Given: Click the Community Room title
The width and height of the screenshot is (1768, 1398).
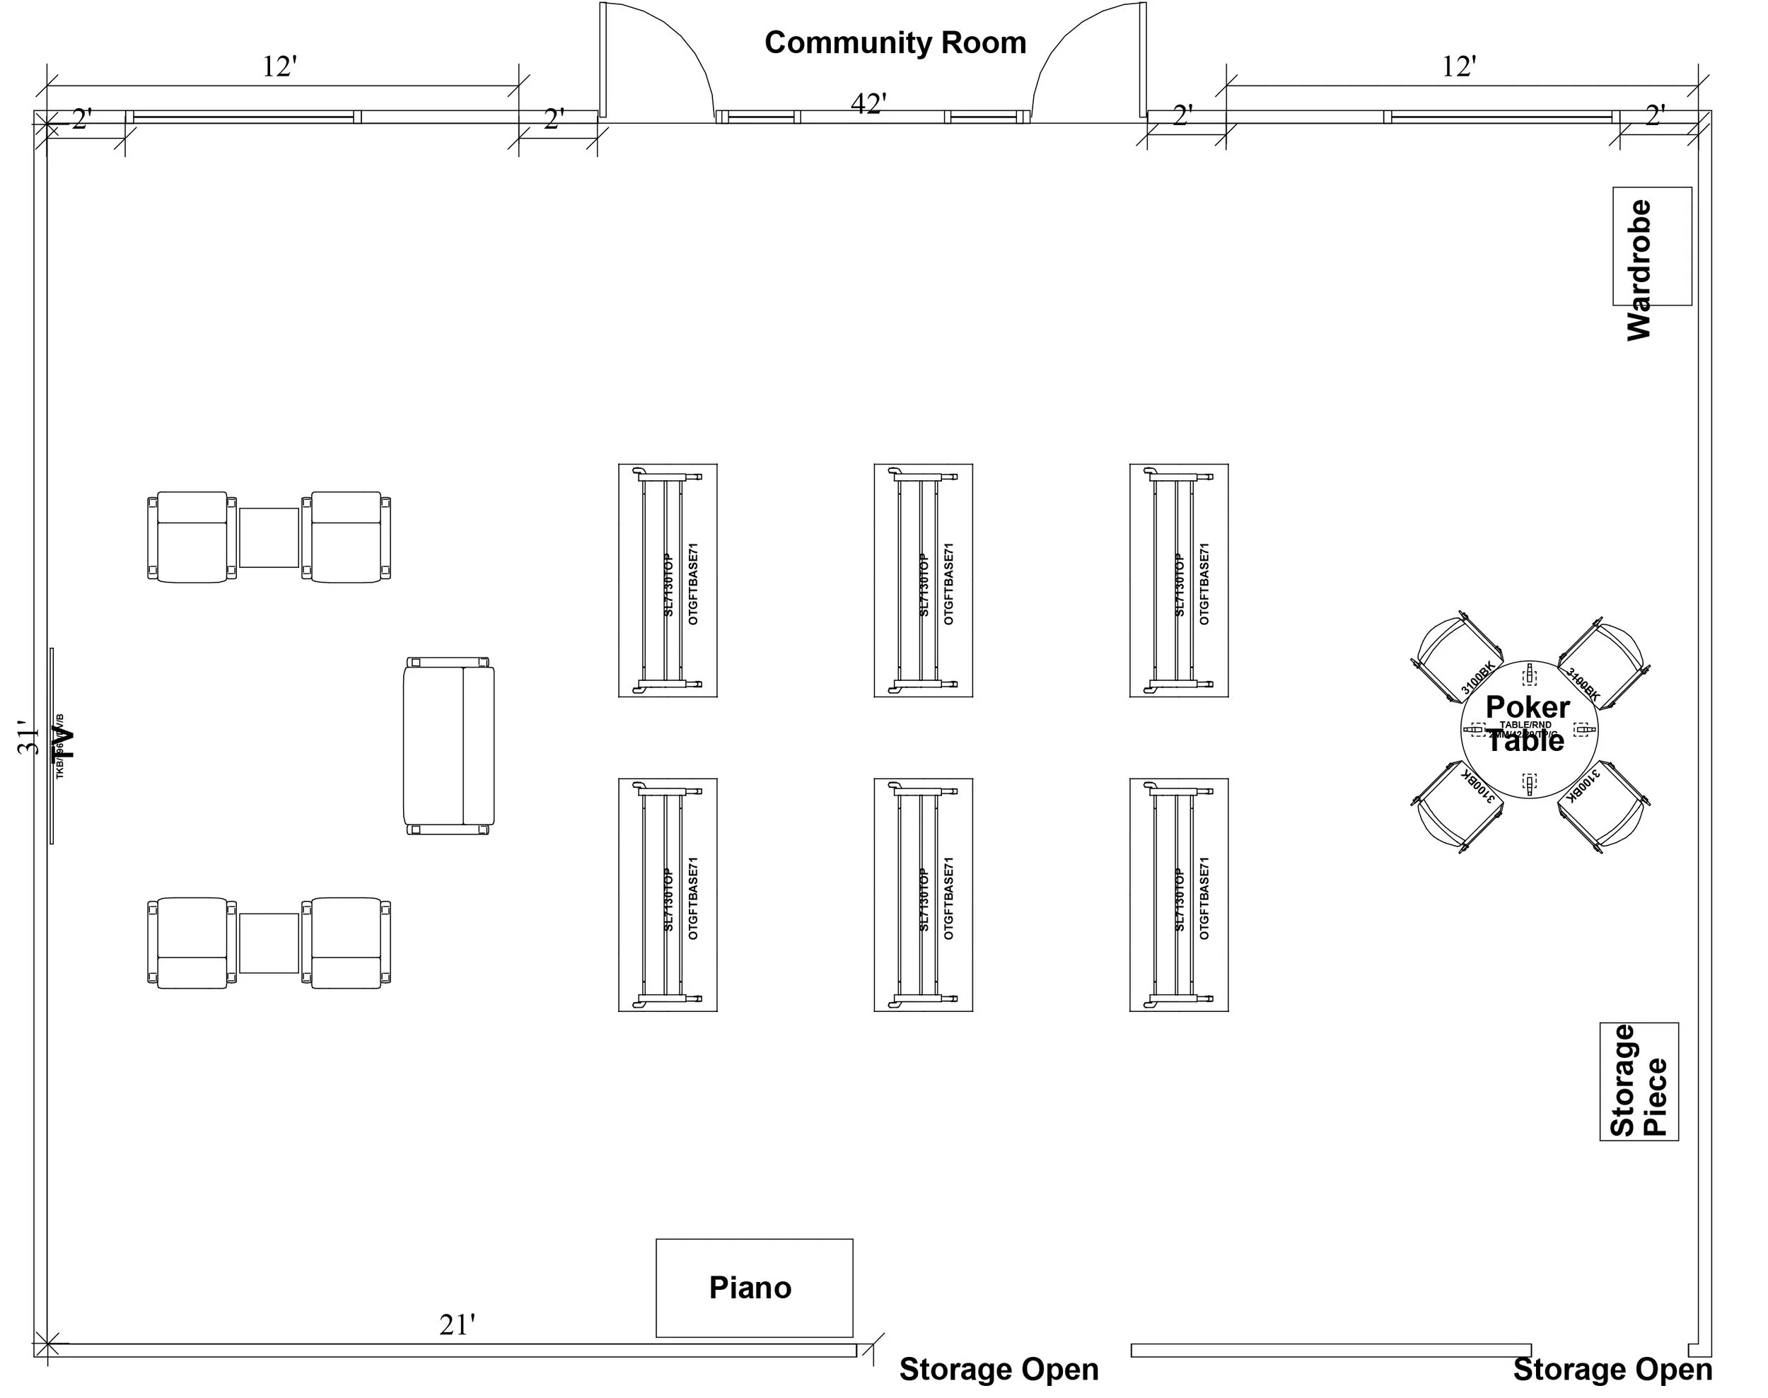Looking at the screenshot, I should (x=895, y=42).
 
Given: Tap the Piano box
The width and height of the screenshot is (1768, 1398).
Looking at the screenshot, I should (x=754, y=1288).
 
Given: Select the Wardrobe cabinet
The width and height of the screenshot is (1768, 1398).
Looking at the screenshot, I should (x=1652, y=246).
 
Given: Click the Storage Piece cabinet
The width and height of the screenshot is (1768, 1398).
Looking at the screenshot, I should (x=1639, y=1081).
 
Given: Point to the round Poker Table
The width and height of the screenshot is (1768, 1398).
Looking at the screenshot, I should (x=1528, y=729).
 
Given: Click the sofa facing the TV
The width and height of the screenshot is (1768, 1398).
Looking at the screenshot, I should (x=448, y=745).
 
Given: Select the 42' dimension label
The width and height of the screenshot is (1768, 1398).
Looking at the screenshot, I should (x=868, y=104).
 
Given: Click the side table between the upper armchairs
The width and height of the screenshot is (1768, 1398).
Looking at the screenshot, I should (x=269, y=537).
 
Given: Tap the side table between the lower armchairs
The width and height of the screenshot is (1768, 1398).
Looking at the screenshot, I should (x=269, y=943).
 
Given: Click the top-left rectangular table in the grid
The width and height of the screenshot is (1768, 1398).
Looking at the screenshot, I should (x=667, y=581).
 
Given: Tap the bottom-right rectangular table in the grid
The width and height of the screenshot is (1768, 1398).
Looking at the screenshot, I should (x=1179, y=895).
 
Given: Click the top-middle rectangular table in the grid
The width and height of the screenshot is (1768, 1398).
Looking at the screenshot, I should (x=924, y=581).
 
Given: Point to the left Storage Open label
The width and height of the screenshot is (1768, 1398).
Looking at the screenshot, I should (x=999, y=1369).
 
